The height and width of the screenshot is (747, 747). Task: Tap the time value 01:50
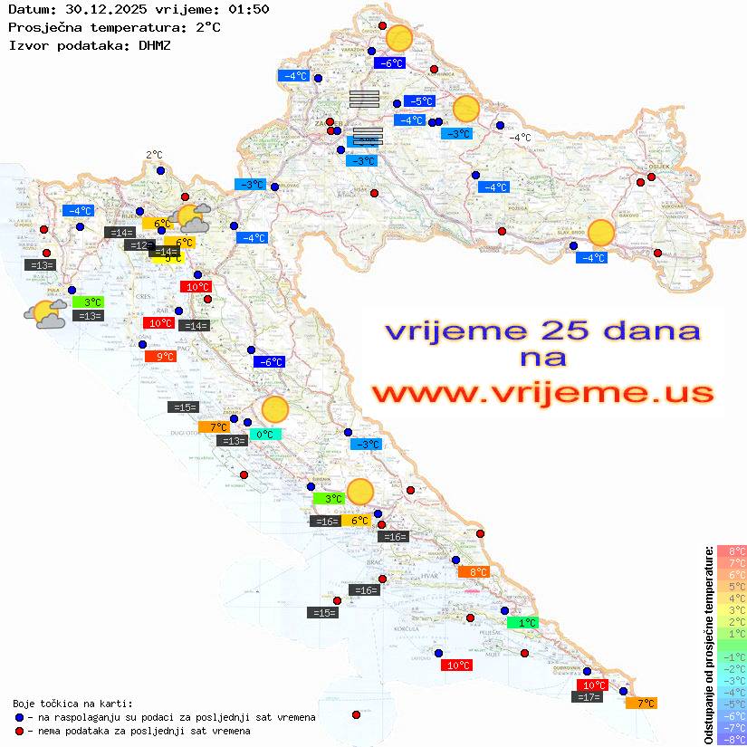coord(249,10)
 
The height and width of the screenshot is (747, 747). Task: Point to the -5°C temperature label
coord(419,101)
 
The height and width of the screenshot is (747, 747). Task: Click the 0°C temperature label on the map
coord(264,435)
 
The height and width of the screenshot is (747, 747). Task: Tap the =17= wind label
coord(588,697)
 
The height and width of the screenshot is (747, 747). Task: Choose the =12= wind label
coord(139,245)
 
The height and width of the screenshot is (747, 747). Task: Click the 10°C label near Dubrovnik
coord(592,685)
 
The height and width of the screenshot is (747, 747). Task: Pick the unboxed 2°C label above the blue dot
coord(155,156)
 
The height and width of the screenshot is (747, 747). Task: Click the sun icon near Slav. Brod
coord(600,233)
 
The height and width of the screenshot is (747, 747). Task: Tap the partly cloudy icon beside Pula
coord(45,314)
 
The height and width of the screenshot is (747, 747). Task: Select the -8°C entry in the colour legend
coord(731,739)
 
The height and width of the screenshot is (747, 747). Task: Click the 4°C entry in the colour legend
coord(731,598)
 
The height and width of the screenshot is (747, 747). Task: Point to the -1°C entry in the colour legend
coord(731,656)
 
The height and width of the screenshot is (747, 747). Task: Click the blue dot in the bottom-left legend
coord(20,717)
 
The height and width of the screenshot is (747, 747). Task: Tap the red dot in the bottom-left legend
coord(20,731)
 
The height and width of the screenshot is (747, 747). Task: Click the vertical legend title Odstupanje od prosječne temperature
coord(709,646)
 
